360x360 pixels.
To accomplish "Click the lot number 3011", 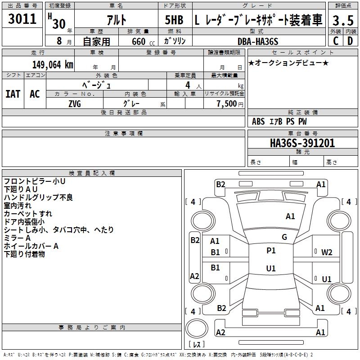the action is click(22, 19).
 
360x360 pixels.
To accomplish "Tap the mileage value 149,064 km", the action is click(53, 64).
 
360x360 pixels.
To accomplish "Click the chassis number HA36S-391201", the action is click(302, 143).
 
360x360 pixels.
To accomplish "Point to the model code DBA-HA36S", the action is click(258, 41).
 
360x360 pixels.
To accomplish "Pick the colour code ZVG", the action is click(75, 104).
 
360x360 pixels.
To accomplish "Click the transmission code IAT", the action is click(13, 94).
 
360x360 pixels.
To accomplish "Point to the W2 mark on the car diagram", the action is click(327, 252).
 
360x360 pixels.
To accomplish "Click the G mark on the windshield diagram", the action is click(284, 237).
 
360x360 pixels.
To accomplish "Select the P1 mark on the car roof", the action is click(271, 251).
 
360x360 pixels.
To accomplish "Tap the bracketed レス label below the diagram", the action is click(197, 345).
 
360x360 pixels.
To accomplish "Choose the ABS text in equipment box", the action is click(258, 121).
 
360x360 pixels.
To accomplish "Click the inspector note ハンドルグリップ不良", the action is click(38, 198).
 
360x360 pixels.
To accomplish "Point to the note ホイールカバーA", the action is click(31, 246).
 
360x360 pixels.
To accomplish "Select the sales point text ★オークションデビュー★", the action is click(288, 63).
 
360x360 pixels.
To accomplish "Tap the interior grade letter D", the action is click(350, 41).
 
